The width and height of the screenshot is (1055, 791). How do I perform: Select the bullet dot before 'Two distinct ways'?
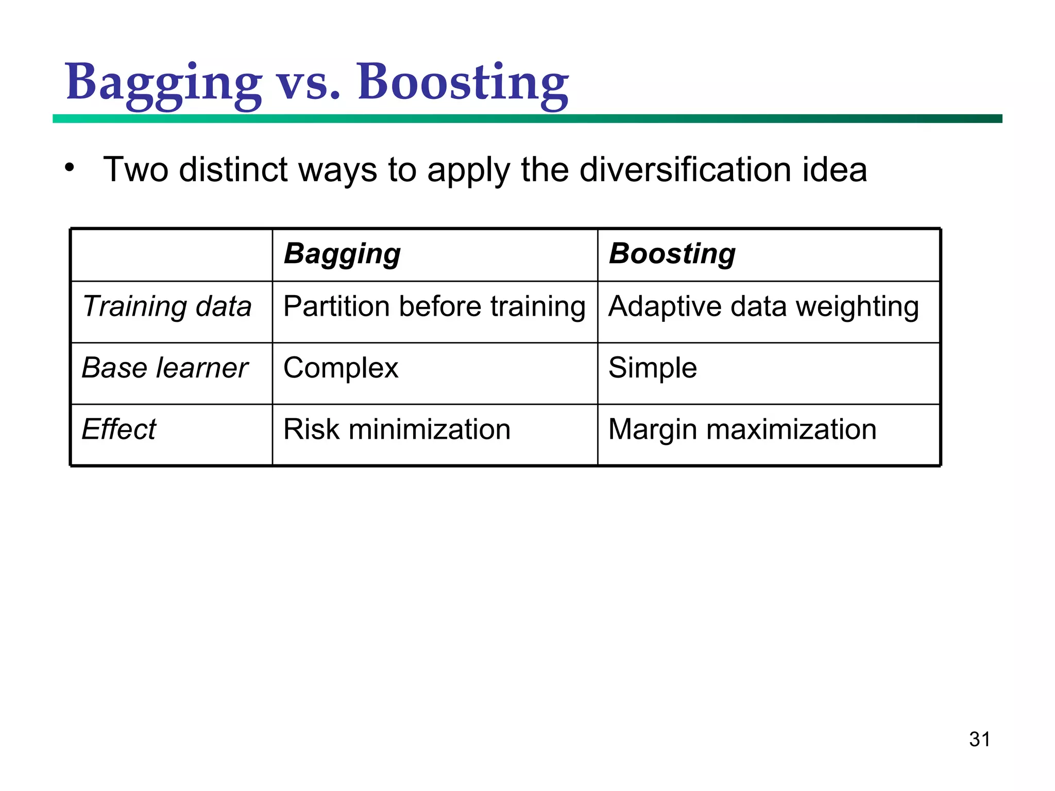click(x=70, y=167)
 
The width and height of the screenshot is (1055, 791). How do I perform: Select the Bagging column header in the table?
click(x=342, y=254)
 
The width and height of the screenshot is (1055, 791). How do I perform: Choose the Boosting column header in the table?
click(x=672, y=254)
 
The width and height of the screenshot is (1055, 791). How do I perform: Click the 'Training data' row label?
click(x=167, y=306)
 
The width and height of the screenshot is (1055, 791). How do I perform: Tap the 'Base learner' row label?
click(x=165, y=368)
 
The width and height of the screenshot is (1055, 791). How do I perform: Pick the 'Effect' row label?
click(x=118, y=429)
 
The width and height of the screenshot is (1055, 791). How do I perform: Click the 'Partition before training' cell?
click(x=434, y=306)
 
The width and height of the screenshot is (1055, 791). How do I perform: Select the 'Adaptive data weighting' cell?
click(x=763, y=306)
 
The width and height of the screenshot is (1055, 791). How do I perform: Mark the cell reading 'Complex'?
click(x=341, y=368)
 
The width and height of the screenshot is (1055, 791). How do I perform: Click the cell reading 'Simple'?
click(x=652, y=368)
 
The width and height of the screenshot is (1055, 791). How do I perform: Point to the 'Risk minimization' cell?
click(x=397, y=429)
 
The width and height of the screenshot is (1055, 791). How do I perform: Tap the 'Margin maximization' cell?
click(x=742, y=429)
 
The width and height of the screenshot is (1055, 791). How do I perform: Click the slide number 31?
click(x=979, y=739)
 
